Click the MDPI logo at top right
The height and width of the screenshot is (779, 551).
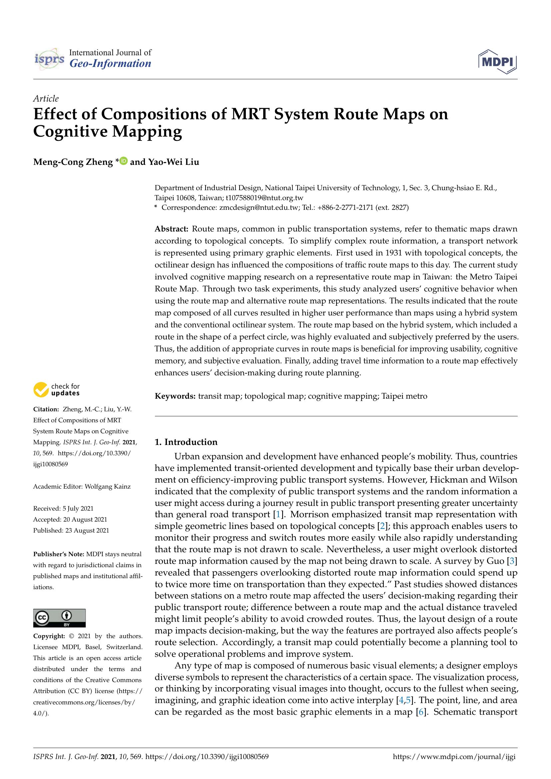pyautogui.click(x=497, y=61)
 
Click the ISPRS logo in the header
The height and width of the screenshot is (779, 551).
pyautogui.click(x=49, y=59)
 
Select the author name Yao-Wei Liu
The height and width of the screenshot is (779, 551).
pyautogui.click(x=173, y=162)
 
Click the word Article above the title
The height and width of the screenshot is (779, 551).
pyautogui.click(x=46, y=99)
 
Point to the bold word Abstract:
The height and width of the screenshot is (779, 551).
pyautogui.click(x=171, y=229)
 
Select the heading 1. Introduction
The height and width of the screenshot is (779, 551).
pyautogui.click(x=186, y=442)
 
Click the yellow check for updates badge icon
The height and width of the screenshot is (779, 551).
pyautogui.click(x=41, y=390)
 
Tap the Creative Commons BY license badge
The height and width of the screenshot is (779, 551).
pyautogui.click(x=59, y=618)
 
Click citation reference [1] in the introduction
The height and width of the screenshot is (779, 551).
pyautogui.click(x=278, y=515)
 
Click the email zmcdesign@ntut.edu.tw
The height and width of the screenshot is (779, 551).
pyautogui.click(x=259, y=207)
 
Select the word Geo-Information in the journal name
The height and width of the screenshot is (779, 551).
pyautogui.click(x=110, y=64)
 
